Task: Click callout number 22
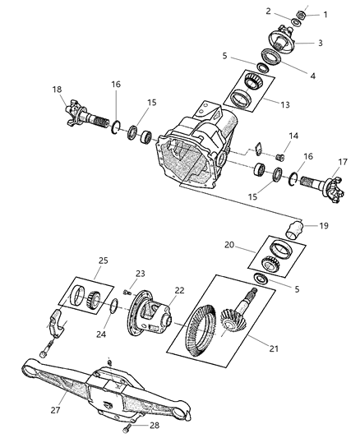pos(179,290)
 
